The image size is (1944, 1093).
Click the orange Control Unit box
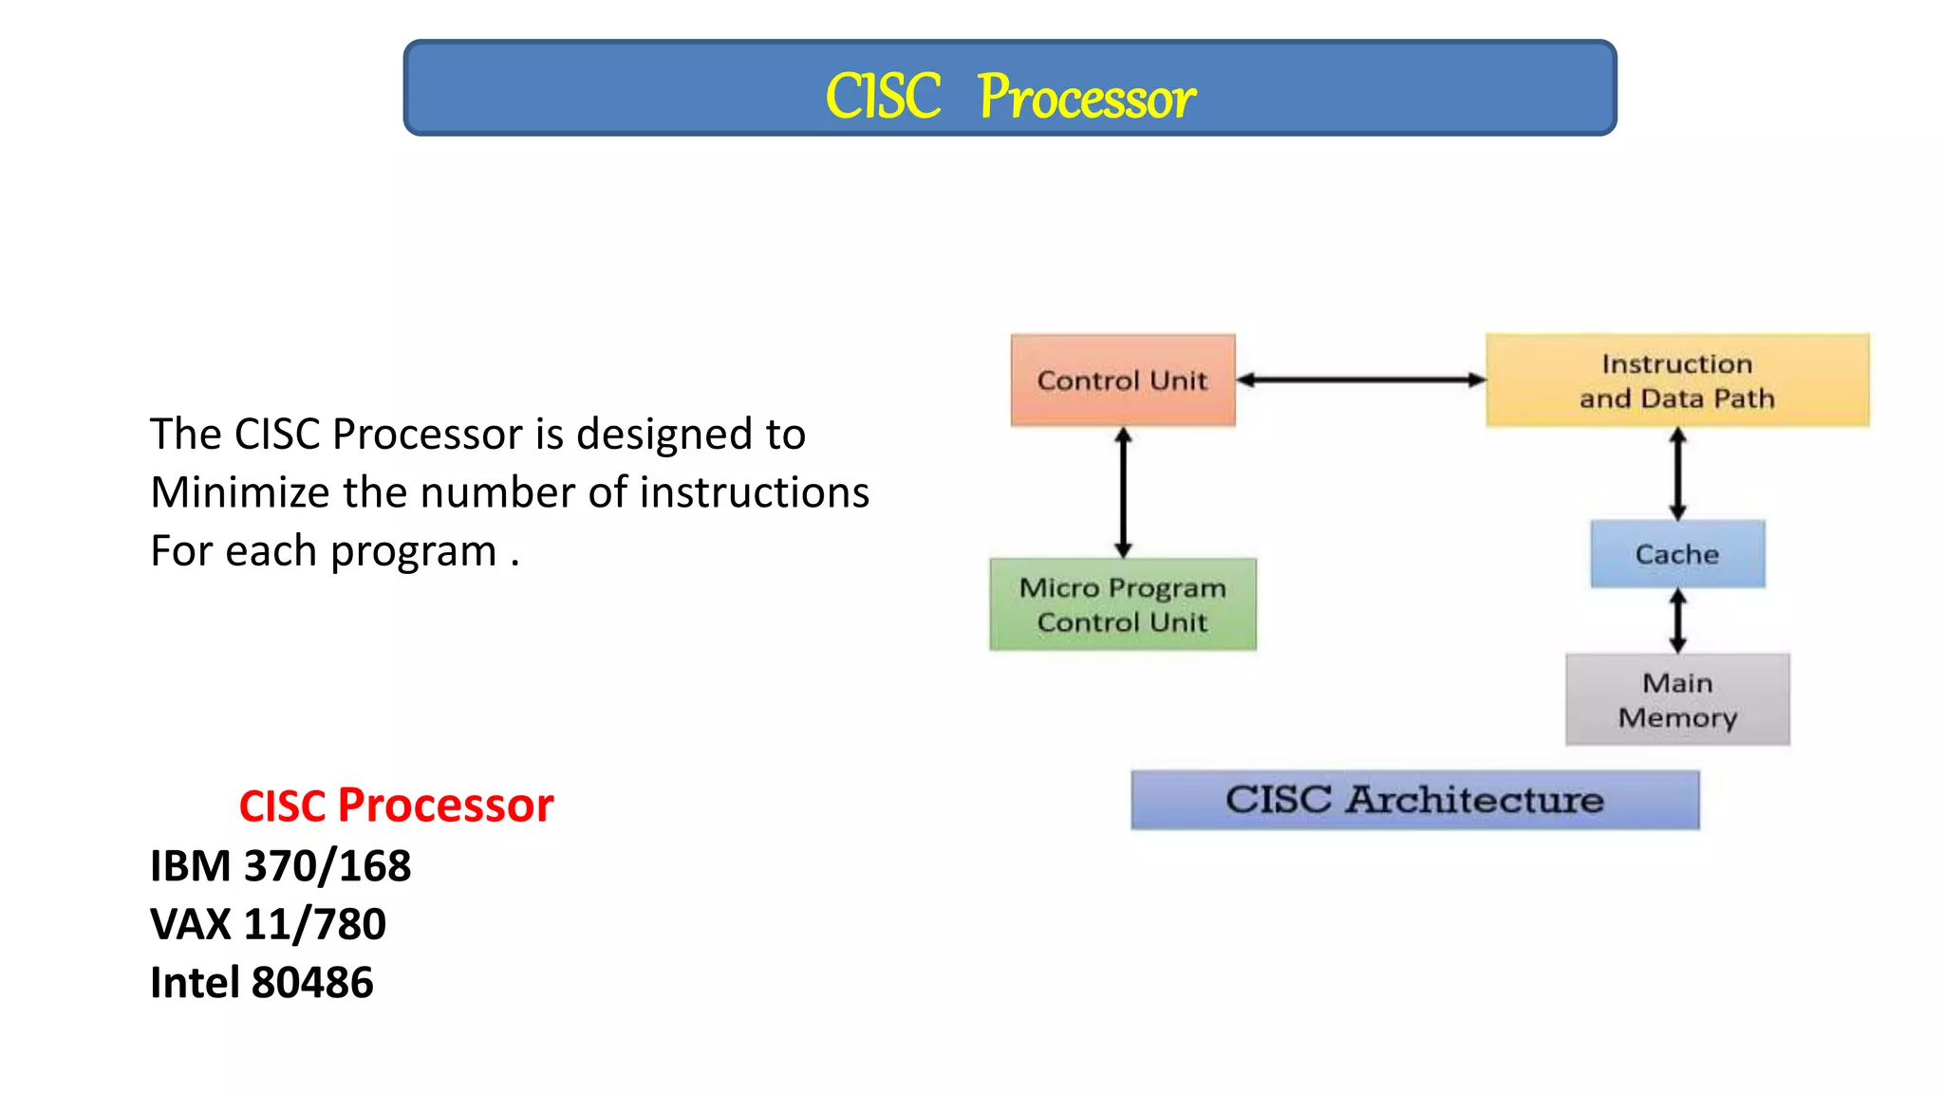point(1123,380)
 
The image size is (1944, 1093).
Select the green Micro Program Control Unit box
point(1123,604)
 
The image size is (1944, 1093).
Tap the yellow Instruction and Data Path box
point(1677,380)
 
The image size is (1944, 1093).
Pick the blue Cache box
point(1677,554)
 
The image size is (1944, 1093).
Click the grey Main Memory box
point(1677,699)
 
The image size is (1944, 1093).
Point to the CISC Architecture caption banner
point(1414,800)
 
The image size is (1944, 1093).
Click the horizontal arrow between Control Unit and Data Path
point(1361,380)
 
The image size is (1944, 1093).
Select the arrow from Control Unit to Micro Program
point(1123,491)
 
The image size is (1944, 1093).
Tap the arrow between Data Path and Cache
point(1677,472)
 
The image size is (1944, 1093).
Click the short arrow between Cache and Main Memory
point(1677,621)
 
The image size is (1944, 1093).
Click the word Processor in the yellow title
point(1087,98)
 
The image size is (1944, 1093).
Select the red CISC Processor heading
point(396,806)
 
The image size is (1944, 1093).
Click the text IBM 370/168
point(280,866)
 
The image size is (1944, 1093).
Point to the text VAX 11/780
point(268,924)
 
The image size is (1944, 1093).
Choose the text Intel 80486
point(262,983)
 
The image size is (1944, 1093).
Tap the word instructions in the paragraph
point(754,492)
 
